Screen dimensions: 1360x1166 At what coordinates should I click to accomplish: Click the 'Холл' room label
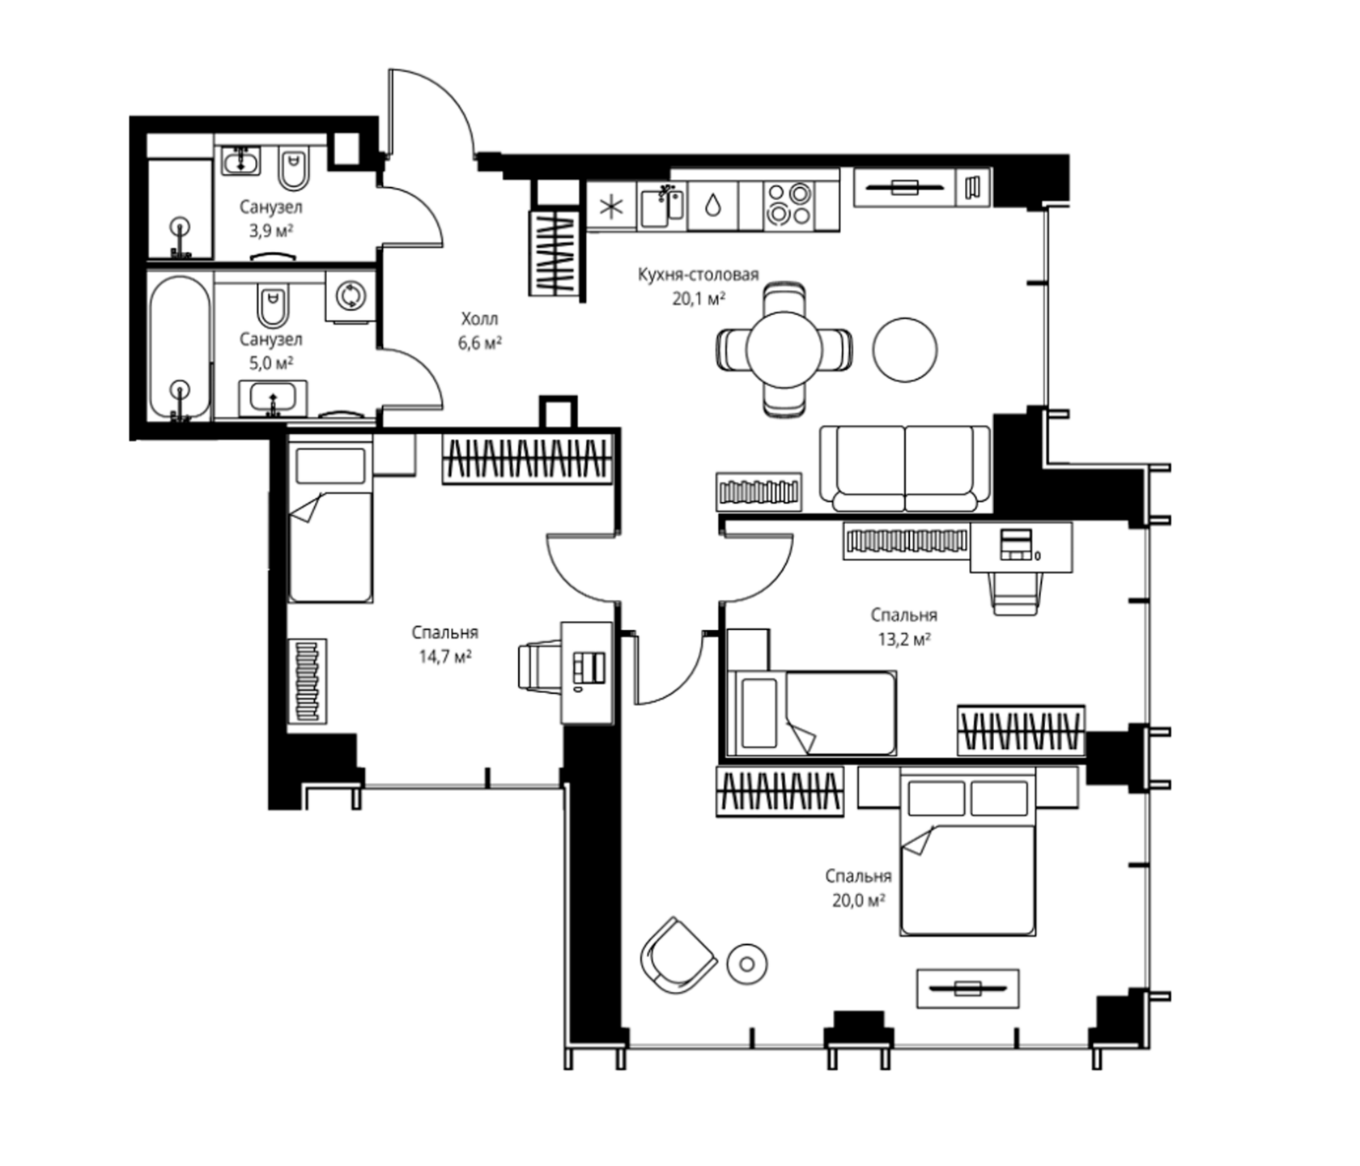(479, 318)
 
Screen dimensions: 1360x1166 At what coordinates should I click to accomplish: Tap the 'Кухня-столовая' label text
(698, 274)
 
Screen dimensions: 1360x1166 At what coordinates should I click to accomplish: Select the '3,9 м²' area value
(271, 231)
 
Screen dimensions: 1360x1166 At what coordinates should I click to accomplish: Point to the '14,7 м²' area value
(444, 657)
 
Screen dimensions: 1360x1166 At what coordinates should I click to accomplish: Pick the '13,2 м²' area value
(903, 639)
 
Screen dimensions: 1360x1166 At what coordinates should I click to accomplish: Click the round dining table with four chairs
(784, 349)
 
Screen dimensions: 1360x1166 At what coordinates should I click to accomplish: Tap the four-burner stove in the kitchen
(788, 204)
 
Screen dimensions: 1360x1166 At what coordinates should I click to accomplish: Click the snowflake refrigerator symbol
(611, 206)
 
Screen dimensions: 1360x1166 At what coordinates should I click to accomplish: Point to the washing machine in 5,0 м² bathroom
(351, 296)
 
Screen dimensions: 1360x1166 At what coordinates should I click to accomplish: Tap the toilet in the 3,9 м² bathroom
(293, 168)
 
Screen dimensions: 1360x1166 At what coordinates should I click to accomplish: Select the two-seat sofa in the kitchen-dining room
(905, 468)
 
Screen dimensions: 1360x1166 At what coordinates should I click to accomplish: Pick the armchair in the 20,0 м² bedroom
(678, 958)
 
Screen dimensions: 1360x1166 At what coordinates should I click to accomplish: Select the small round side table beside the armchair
(747, 964)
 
